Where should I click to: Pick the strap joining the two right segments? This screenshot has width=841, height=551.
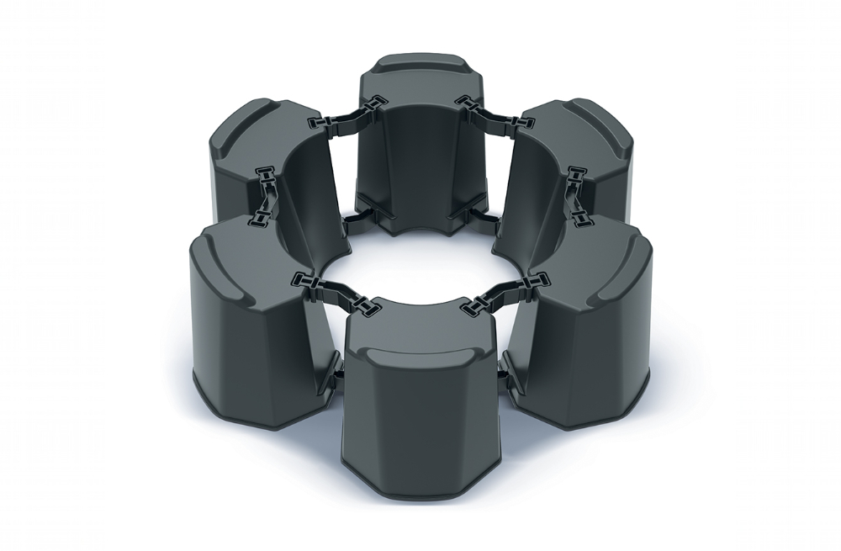click(577, 193)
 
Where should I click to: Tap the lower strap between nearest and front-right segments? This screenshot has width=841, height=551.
click(503, 380)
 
